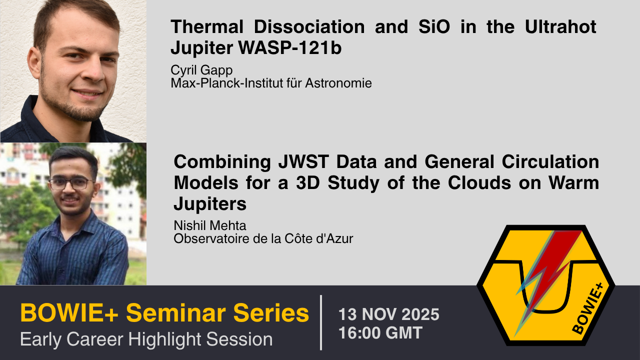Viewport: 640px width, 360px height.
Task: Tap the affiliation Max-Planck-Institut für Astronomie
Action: click(x=271, y=83)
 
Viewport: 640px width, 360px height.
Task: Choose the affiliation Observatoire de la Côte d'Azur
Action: click(x=263, y=238)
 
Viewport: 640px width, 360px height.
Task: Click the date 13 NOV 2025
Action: click(x=388, y=314)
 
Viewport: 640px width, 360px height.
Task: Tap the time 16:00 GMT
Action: click(x=380, y=332)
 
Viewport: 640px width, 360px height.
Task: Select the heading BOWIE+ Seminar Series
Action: click(x=164, y=313)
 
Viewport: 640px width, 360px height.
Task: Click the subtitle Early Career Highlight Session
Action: click(x=146, y=339)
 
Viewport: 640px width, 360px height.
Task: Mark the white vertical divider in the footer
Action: click(x=320, y=322)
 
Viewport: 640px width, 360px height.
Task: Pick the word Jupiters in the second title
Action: click(x=210, y=203)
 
